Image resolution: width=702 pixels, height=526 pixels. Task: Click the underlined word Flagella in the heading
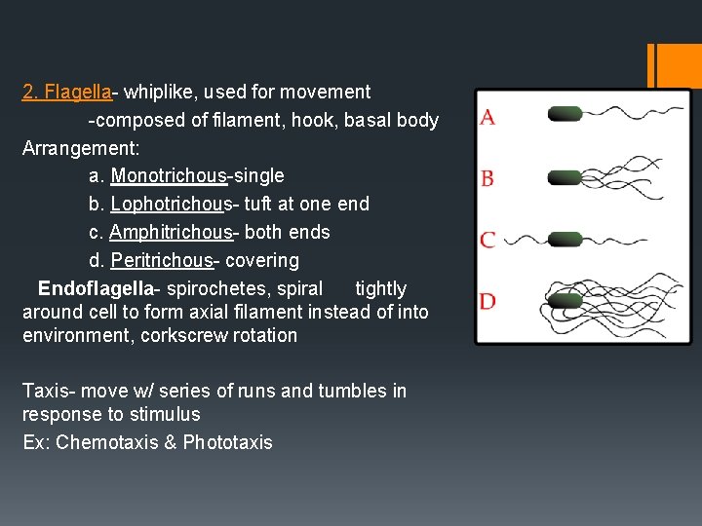79,93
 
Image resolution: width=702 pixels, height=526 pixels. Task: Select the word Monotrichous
168,176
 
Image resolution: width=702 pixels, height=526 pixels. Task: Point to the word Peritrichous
161,261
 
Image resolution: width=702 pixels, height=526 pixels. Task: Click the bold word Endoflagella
95,289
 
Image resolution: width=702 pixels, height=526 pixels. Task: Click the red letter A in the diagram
487,118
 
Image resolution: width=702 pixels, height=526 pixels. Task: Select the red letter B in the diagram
487,178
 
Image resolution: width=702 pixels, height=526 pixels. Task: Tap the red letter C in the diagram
487,240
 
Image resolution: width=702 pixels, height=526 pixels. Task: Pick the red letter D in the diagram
487,301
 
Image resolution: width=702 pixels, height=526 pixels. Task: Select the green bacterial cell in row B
564,176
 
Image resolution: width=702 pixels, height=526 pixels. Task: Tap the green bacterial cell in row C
564,240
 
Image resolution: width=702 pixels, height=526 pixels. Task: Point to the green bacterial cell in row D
564,301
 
